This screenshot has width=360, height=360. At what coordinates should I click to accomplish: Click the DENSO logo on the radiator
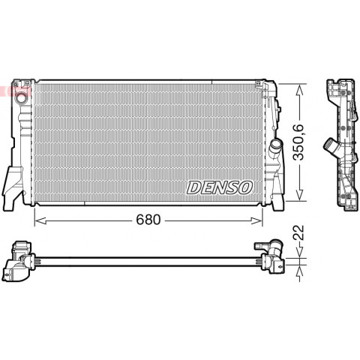click(220, 187)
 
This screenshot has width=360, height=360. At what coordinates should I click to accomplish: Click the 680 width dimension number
click(148, 220)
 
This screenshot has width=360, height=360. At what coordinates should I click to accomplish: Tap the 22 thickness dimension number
click(298, 232)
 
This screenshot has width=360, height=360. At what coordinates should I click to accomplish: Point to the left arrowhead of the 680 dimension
click(40, 220)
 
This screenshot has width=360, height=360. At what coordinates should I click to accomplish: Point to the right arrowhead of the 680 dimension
click(256, 220)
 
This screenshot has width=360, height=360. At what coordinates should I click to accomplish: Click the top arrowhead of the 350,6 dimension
click(299, 89)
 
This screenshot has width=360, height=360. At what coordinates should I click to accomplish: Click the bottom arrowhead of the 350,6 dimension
click(299, 195)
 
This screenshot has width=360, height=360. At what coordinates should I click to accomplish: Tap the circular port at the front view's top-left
click(21, 98)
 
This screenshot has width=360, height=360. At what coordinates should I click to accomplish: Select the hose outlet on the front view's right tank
click(276, 145)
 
